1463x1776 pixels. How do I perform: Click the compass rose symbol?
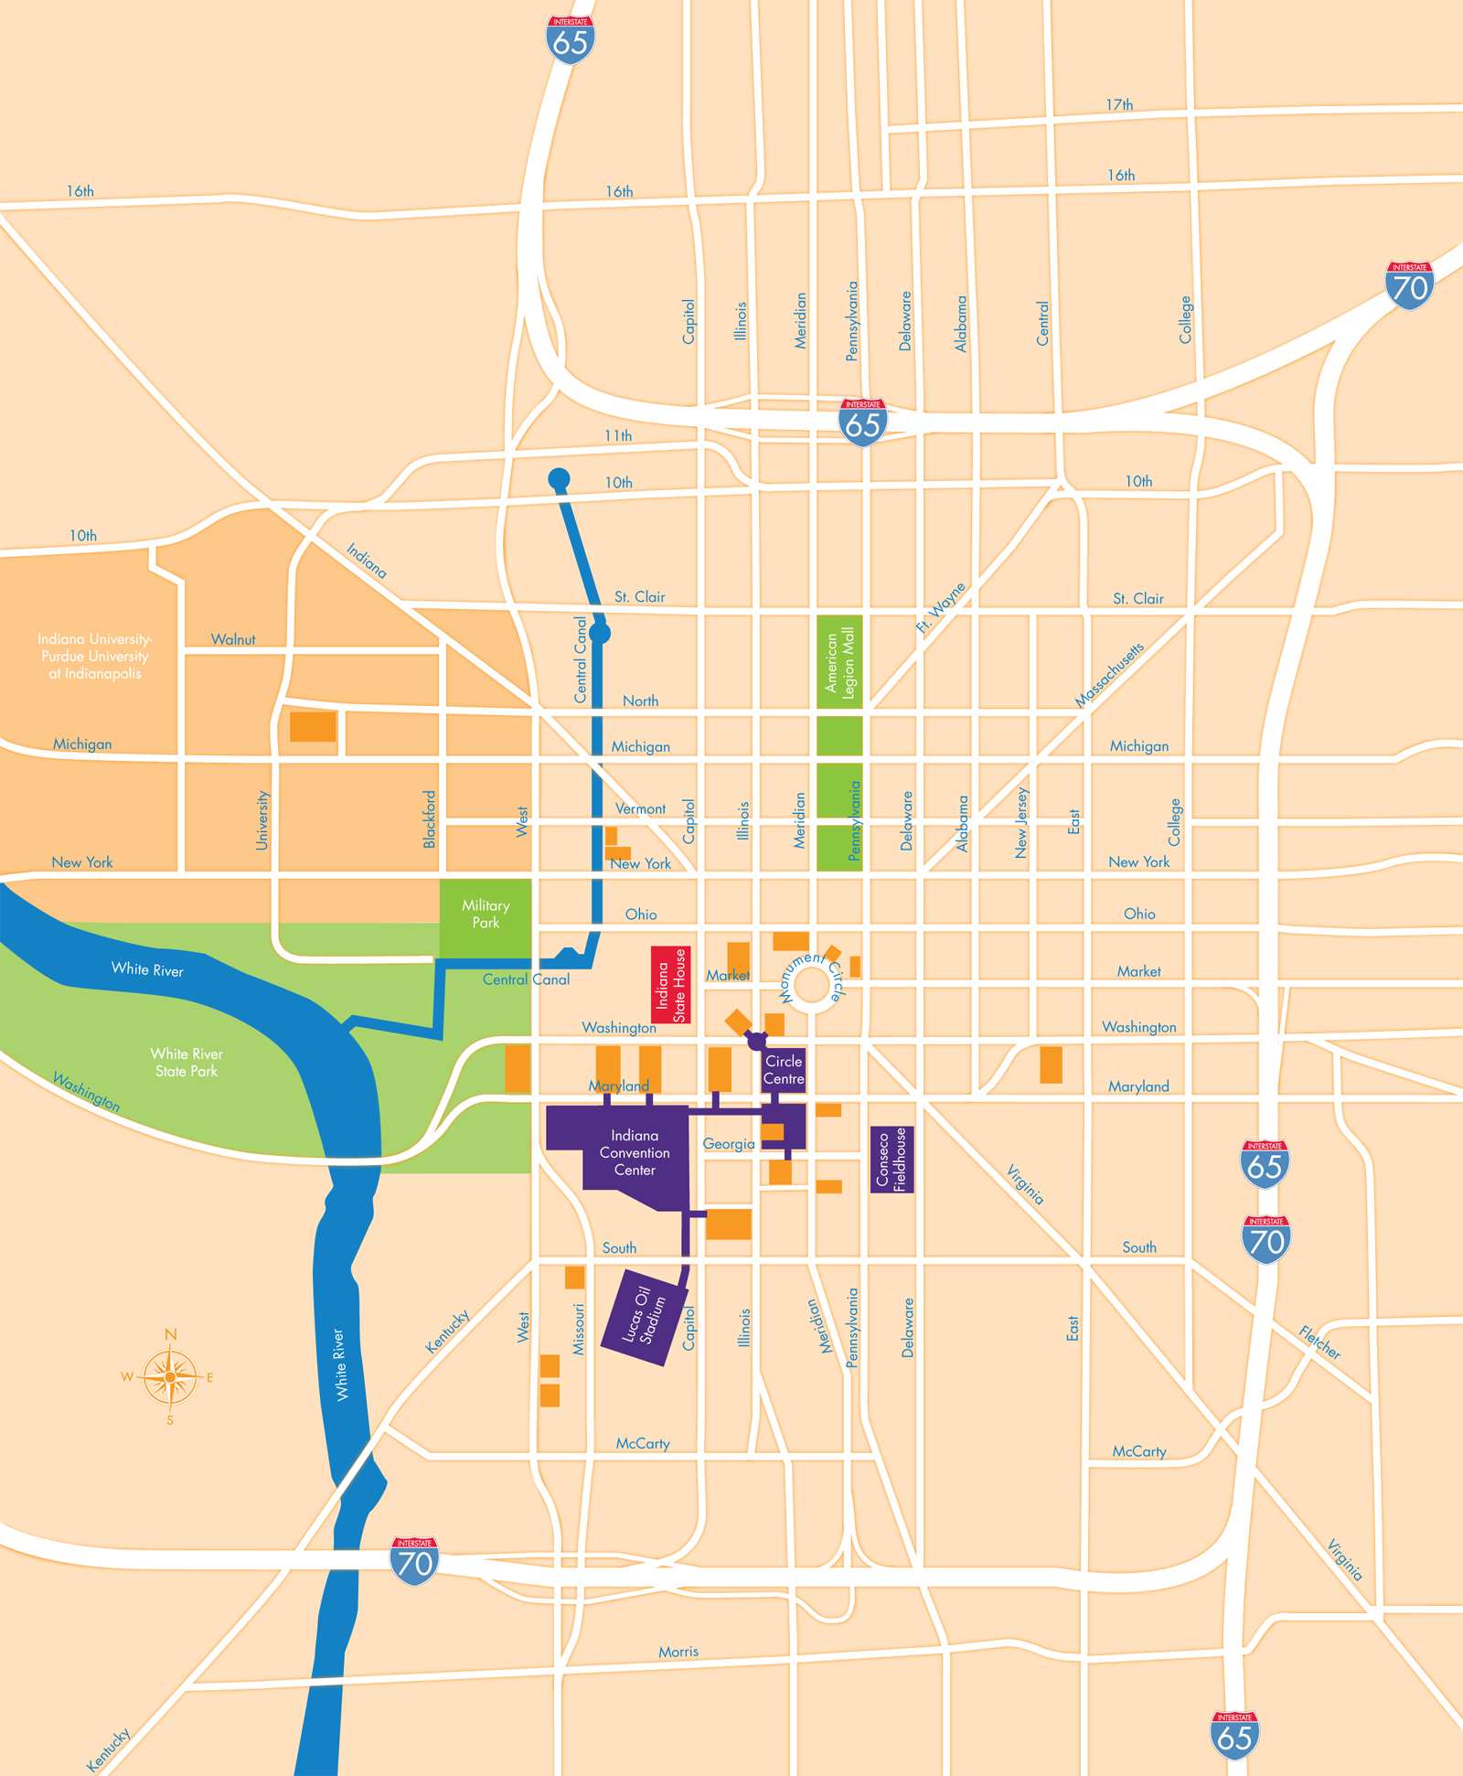coord(170,1376)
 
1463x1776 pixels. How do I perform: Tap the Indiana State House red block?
coord(670,985)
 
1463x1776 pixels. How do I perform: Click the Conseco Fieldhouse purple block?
coord(892,1159)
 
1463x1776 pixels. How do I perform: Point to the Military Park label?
coord(486,914)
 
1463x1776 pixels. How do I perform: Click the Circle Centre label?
coord(784,1069)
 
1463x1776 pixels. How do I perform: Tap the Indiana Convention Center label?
coord(635,1152)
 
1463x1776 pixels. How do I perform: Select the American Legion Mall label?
coord(839,662)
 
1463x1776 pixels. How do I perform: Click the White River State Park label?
coord(187,1062)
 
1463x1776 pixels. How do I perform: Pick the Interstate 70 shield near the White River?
coord(414,1561)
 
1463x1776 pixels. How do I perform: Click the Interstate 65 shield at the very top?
coord(571,40)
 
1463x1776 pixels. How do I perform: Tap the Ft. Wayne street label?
coord(941,607)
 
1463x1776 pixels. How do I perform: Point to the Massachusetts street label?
coord(1109,675)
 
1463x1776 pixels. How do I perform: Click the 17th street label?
coord(1119,105)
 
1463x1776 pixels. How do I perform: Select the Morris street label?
coord(678,1652)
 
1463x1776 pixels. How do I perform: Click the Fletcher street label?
coord(1319,1343)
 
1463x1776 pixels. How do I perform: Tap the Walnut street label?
coord(233,639)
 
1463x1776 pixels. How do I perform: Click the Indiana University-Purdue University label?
coord(95,656)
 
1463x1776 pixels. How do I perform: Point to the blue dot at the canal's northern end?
coord(559,478)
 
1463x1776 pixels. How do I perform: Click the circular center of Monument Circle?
coord(810,986)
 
